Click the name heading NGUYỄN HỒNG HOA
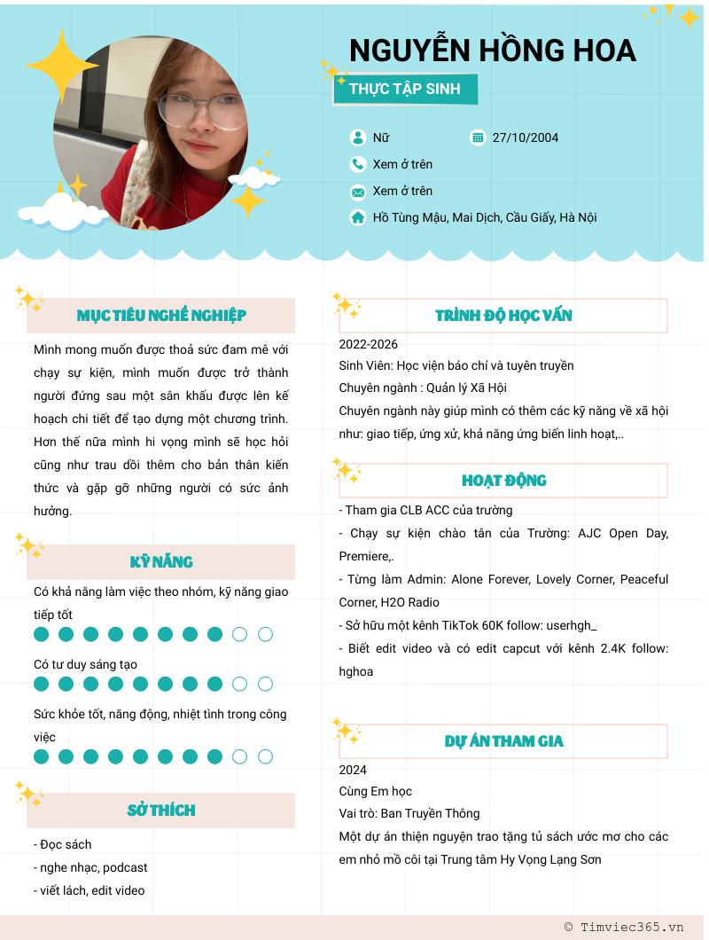(493, 50)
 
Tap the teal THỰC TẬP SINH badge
(405, 89)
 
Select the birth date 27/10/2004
(525, 137)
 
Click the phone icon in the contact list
(358, 164)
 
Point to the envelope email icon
(358, 192)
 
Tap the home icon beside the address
(358, 217)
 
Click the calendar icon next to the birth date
(479, 137)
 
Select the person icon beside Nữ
(358, 137)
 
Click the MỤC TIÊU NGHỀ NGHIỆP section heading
(161, 316)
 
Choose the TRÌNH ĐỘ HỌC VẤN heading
(503, 316)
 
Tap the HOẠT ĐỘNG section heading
(503, 481)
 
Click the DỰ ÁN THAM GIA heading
(503, 741)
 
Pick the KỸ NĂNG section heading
(161, 562)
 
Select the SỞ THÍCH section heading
(161, 811)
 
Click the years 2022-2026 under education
(369, 344)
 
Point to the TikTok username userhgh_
(566, 625)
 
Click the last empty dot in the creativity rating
(265, 684)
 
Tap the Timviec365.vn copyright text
(625, 927)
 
